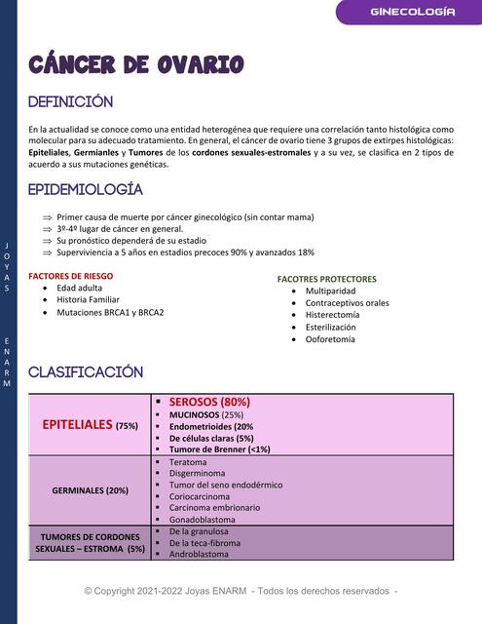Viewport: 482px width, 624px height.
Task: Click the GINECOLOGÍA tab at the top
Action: pyautogui.click(x=413, y=12)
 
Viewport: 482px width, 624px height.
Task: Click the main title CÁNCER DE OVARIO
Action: pyautogui.click(x=135, y=65)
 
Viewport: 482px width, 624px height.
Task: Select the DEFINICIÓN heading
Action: pyautogui.click(x=70, y=102)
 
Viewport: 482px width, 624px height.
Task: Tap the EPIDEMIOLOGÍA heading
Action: pyautogui.click(x=86, y=189)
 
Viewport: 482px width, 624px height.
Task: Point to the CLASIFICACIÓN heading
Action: pyautogui.click(x=86, y=371)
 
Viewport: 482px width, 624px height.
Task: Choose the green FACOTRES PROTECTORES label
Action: pyautogui.click(x=326, y=279)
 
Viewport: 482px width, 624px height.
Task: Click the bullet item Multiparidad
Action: pyautogui.click(x=330, y=291)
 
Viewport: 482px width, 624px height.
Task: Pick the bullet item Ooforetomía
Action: pyautogui.click(x=330, y=339)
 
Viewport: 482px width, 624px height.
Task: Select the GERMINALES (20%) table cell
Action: pyautogui.click(x=90, y=489)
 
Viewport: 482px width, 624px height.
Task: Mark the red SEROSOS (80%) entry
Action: pyautogui.click(x=209, y=402)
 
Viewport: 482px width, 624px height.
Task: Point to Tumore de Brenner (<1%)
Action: pyautogui.click(x=219, y=449)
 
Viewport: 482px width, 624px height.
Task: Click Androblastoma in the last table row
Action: pyautogui.click(x=199, y=554)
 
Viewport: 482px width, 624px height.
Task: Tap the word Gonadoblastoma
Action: pyautogui.click(x=204, y=520)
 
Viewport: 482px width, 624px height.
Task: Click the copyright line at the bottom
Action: pyautogui.click(x=240, y=591)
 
